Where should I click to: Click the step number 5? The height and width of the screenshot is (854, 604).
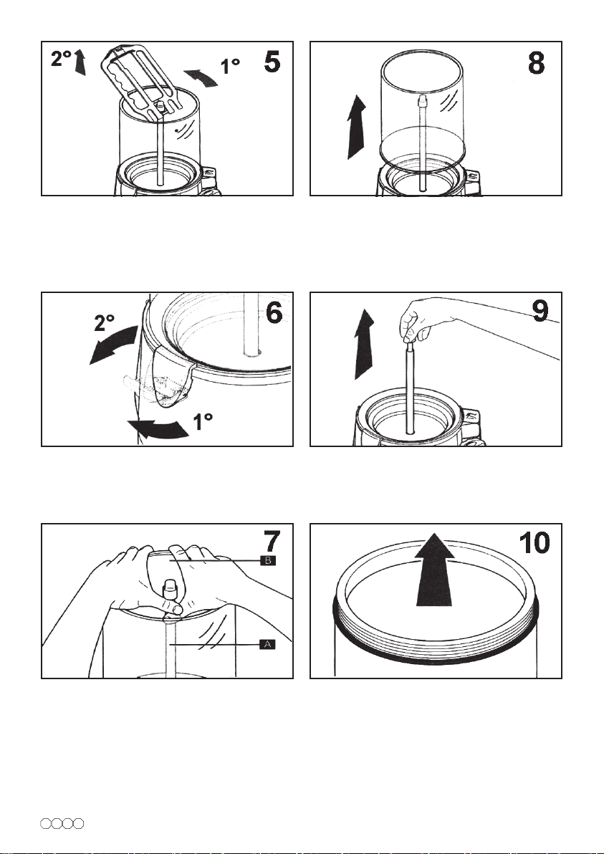pos(272,62)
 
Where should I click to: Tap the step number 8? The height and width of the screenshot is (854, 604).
pos(536,63)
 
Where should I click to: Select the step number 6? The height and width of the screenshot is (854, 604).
pos(274,312)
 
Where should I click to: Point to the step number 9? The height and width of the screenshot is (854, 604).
pos(540,312)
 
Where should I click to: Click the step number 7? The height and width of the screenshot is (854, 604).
pos(272,542)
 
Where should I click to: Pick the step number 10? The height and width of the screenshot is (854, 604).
pos(535,542)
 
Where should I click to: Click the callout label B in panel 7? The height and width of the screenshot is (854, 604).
pos(268,560)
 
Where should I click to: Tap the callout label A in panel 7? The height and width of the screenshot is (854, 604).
pos(267,644)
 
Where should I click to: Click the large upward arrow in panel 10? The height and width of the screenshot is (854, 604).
pos(435,569)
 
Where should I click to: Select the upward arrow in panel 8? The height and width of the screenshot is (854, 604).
pos(356,126)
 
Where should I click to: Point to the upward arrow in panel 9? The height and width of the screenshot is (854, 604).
pos(364,344)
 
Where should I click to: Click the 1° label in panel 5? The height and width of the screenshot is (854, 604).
pos(230,67)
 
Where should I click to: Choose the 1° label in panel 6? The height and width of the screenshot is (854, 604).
pos(203,421)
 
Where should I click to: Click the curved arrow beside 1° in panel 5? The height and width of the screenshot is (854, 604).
pos(201,77)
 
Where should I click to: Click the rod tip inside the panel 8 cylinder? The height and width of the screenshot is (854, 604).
pos(421,100)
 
